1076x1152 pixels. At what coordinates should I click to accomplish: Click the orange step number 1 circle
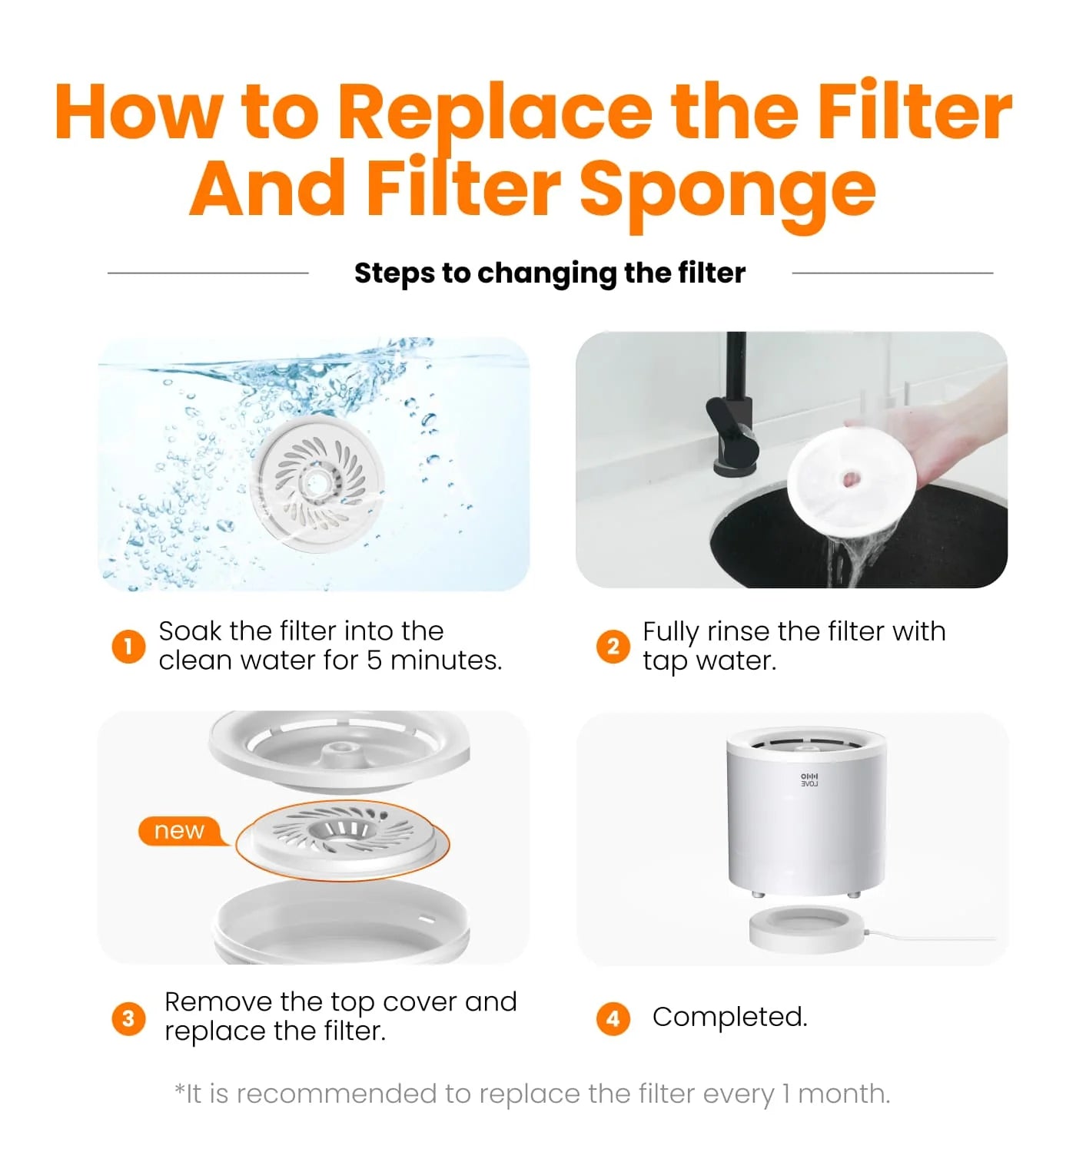point(128,646)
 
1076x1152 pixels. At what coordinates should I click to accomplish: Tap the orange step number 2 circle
point(613,646)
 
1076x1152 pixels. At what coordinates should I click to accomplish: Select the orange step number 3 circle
point(128,1018)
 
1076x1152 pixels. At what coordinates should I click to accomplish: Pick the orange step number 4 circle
point(613,1018)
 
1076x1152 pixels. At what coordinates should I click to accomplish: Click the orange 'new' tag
point(180,831)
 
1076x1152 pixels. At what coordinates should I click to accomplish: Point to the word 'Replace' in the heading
point(496,112)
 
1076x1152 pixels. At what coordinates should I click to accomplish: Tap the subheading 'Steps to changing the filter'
point(550,273)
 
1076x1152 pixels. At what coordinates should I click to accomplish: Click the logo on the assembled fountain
point(809,780)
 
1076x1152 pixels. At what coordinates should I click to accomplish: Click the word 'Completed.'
point(729,1017)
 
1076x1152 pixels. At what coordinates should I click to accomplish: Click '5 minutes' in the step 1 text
point(433,660)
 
